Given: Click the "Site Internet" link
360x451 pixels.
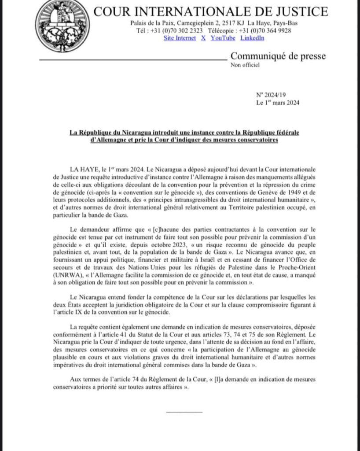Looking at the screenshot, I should pyautogui.click(x=180, y=38).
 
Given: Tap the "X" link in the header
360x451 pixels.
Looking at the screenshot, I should pyautogui.click(x=203, y=38).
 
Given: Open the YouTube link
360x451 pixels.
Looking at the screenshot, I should pyautogui.click(x=223, y=38).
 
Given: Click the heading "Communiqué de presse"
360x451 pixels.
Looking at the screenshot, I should pyautogui.click(x=278, y=56).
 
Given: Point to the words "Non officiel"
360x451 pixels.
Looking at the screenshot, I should pyautogui.click(x=245, y=65).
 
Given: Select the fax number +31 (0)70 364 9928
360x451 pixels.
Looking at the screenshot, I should pyautogui.click(x=264, y=30).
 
